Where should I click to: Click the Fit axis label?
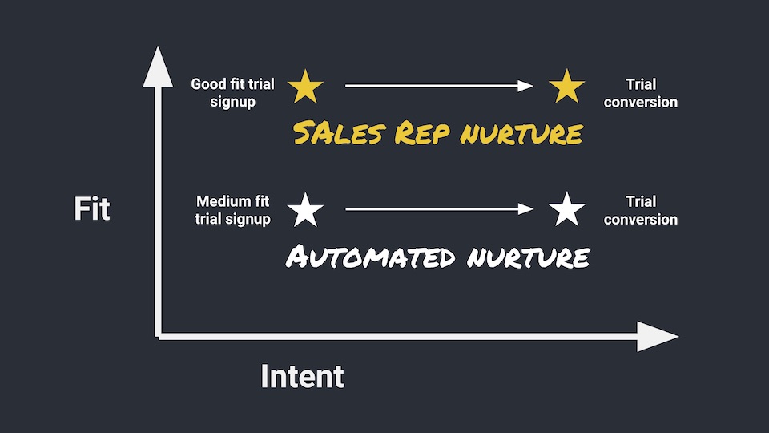click(92, 209)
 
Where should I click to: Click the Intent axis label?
click(302, 376)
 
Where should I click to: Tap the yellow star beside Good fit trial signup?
click(305, 87)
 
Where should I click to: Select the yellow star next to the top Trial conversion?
click(567, 87)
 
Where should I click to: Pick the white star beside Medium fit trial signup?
click(305, 210)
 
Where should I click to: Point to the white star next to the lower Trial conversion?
click(567, 210)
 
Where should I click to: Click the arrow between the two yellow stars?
click(438, 86)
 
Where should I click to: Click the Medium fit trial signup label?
click(233, 210)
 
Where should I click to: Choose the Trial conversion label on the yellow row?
click(641, 93)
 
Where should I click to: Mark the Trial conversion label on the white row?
click(641, 210)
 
